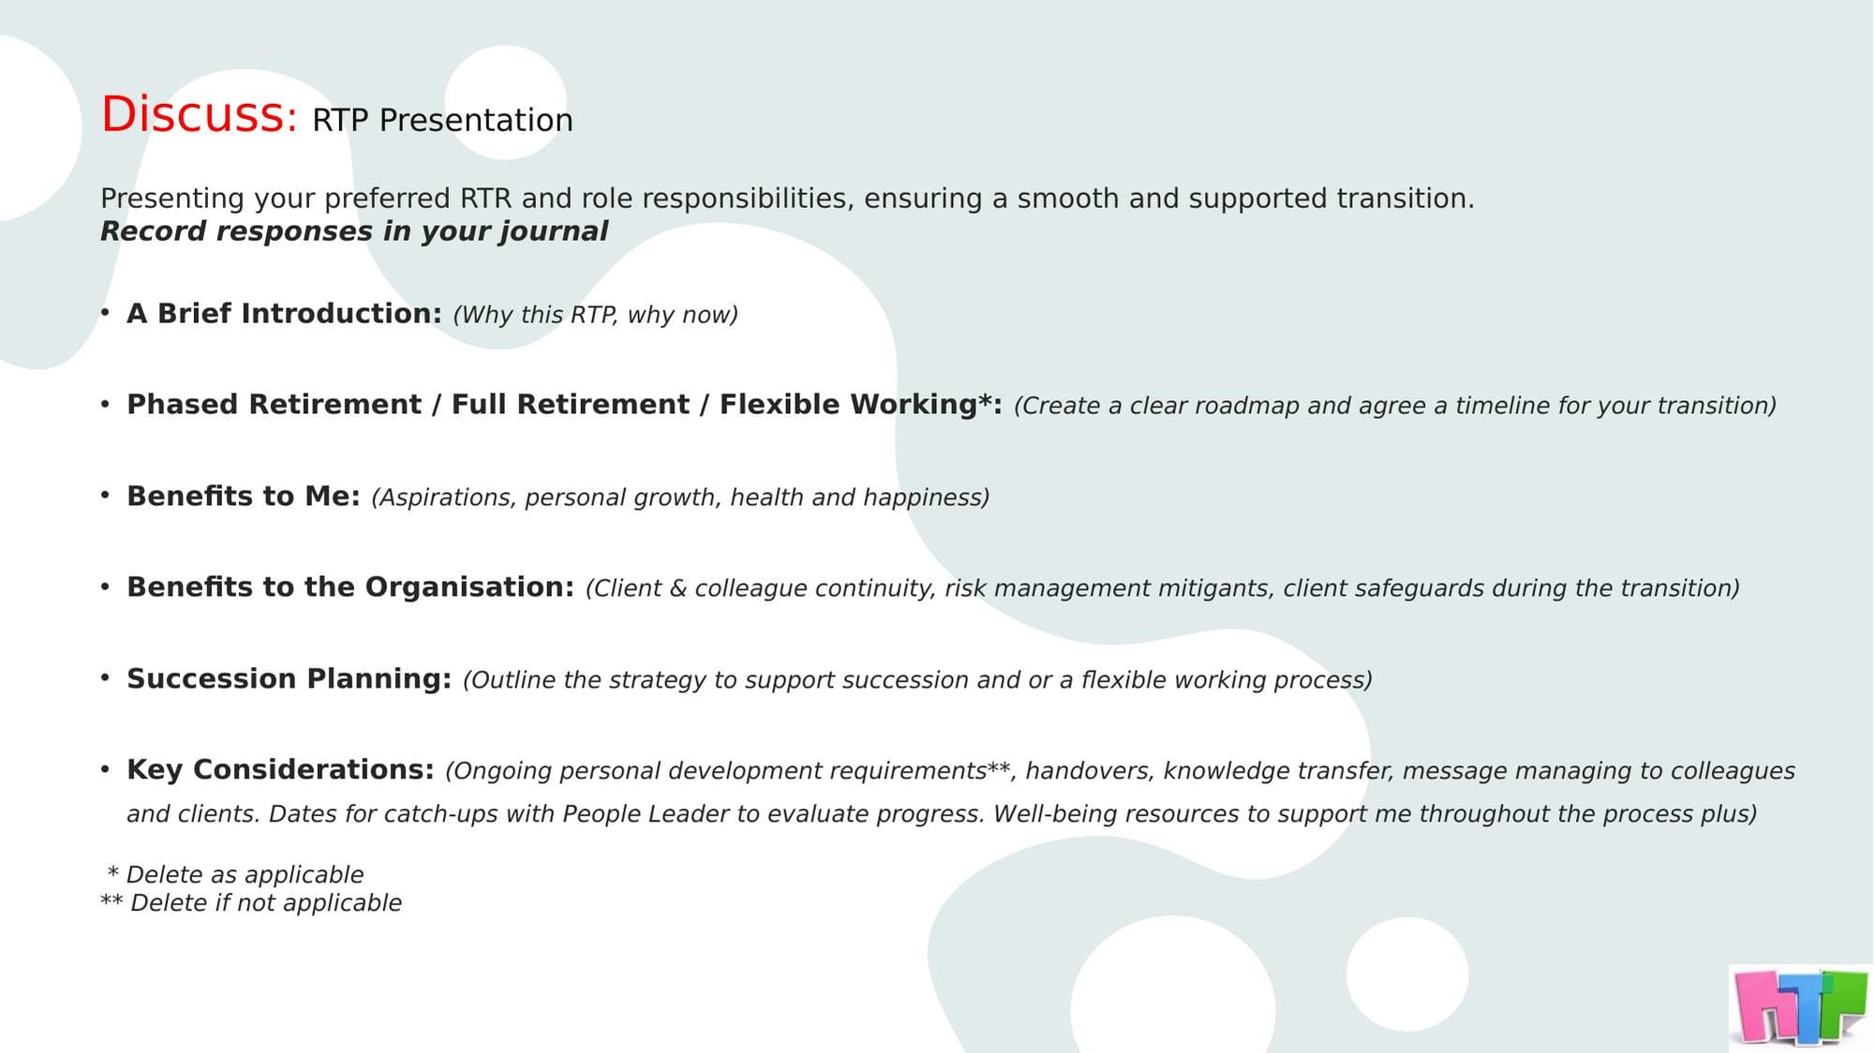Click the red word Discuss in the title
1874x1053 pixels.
[x=198, y=114]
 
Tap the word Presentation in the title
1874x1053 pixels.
[x=476, y=120]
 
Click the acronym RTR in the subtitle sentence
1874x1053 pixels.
[x=485, y=199]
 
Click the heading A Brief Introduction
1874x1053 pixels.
[x=284, y=313]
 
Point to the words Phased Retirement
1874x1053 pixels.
[x=274, y=404]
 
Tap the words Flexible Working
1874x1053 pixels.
[x=848, y=404]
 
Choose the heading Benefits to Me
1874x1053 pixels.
[x=243, y=496]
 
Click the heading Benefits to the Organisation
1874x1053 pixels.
[x=350, y=586]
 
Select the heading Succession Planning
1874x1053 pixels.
[x=289, y=678]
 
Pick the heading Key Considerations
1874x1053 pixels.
[x=280, y=769]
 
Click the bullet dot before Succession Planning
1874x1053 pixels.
[x=105, y=676]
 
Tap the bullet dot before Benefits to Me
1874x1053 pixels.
[x=105, y=494]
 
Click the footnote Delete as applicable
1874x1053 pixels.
[x=245, y=874]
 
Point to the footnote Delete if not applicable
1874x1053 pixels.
[x=265, y=902]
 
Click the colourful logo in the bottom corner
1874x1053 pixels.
[x=1800, y=1007]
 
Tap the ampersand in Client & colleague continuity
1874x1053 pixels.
[x=678, y=588]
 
